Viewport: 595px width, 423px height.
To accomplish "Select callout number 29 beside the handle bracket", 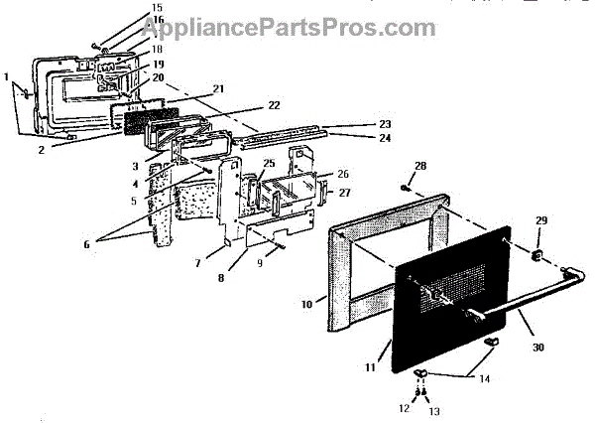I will tap(540, 219).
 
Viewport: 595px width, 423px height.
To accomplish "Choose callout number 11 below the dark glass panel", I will tap(371, 367).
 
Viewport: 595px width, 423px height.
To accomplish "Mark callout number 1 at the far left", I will tap(7, 76).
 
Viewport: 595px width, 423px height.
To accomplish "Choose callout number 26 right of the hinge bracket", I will tap(343, 173).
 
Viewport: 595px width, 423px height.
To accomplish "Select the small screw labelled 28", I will tap(408, 186).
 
